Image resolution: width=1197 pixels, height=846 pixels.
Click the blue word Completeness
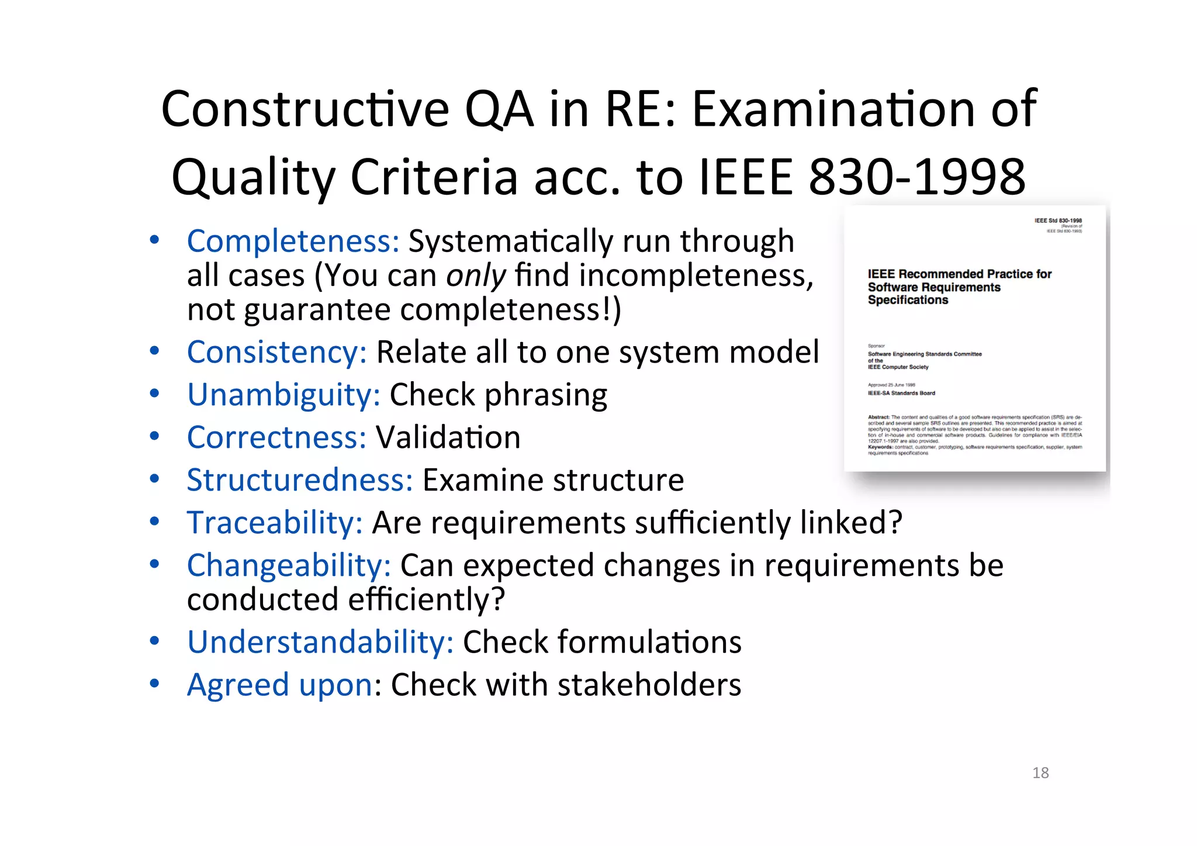point(293,241)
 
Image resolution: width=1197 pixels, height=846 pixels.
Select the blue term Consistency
point(276,352)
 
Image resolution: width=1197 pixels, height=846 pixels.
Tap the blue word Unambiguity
point(283,395)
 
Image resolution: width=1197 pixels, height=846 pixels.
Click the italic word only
point(476,275)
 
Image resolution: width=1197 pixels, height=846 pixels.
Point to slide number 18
point(1040,773)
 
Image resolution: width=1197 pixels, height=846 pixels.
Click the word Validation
point(448,437)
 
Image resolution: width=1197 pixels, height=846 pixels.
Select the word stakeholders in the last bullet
point(649,685)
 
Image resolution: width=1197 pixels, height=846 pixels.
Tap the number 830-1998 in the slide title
point(917,177)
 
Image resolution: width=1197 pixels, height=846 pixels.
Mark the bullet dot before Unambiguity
point(154,393)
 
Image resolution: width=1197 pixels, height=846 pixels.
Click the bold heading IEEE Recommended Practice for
point(959,274)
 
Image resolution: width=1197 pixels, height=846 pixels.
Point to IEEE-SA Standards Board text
point(901,393)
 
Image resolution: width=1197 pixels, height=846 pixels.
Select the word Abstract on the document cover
point(878,417)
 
